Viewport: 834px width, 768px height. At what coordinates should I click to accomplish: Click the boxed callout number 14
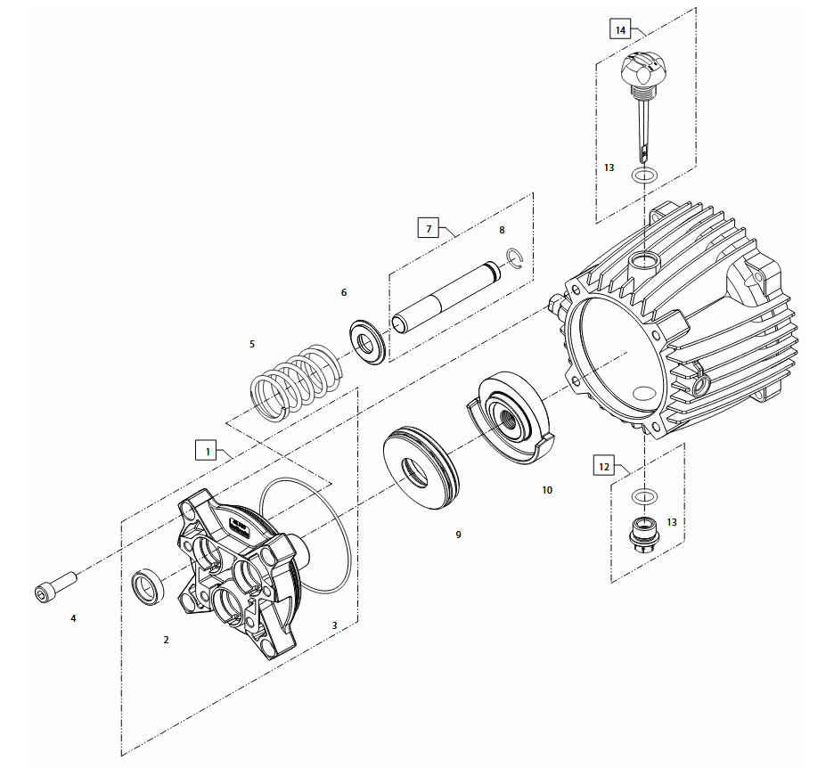pos(620,29)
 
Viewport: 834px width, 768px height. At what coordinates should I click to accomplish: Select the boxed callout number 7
pos(429,228)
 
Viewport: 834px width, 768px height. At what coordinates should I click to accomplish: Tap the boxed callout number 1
pos(207,451)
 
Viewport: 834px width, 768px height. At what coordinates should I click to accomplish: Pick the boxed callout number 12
pos(604,466)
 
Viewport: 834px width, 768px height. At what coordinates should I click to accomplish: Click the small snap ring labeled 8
pos(514,259)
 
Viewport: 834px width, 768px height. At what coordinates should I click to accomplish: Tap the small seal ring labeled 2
pos(148,587)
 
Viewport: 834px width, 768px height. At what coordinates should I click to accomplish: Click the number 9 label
pos(458,535)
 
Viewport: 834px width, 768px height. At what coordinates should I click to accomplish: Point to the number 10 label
pos(546,490)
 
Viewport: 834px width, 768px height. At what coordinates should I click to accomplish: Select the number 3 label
pos(334,625)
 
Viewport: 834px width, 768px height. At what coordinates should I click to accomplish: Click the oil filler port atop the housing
pos(642,264)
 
